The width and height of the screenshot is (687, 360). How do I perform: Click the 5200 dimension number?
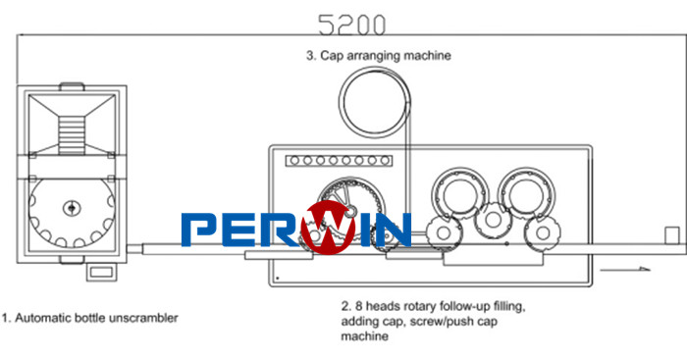point(351,25)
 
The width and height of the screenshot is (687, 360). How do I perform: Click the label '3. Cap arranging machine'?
point(379,56)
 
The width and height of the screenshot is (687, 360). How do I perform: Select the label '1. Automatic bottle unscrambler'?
point(90,318)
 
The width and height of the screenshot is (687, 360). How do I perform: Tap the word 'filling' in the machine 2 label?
point(508,307)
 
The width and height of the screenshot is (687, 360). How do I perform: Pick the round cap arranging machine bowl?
point(375,103)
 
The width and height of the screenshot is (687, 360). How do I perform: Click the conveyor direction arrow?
point(625,269)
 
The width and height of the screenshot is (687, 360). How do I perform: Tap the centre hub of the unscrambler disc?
point(72,208)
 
